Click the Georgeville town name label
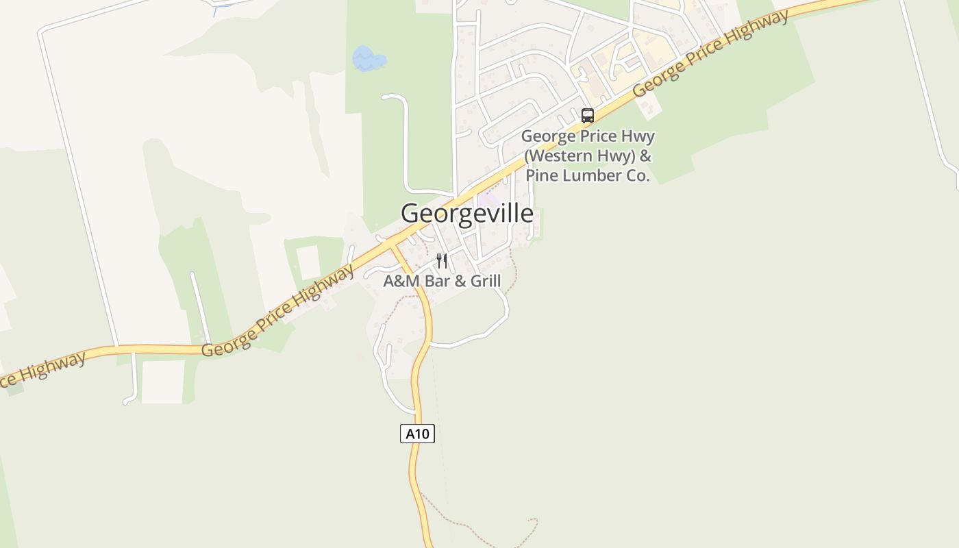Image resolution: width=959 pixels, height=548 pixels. click(466, 213)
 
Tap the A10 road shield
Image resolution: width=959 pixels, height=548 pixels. click(417, 434)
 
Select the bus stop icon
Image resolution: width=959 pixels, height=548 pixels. click(587, 116)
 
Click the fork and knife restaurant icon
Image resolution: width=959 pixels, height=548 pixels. click(442, 261)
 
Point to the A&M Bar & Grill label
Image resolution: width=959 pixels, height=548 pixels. click(442, 281)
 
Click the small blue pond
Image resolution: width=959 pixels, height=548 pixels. click(369, 59)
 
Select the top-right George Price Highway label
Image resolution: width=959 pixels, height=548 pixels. click(710, 53)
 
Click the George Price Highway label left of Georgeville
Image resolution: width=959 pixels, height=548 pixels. click(279, 311)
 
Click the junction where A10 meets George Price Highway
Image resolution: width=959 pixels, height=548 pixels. click(391, 245)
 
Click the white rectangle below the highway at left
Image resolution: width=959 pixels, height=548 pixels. click(163, 382)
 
